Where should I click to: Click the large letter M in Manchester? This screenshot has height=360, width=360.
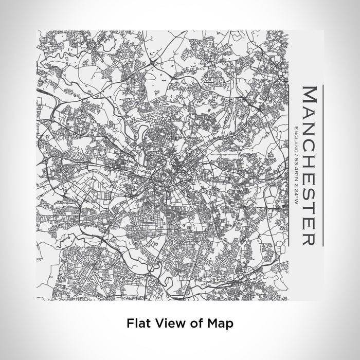pos(311,95)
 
